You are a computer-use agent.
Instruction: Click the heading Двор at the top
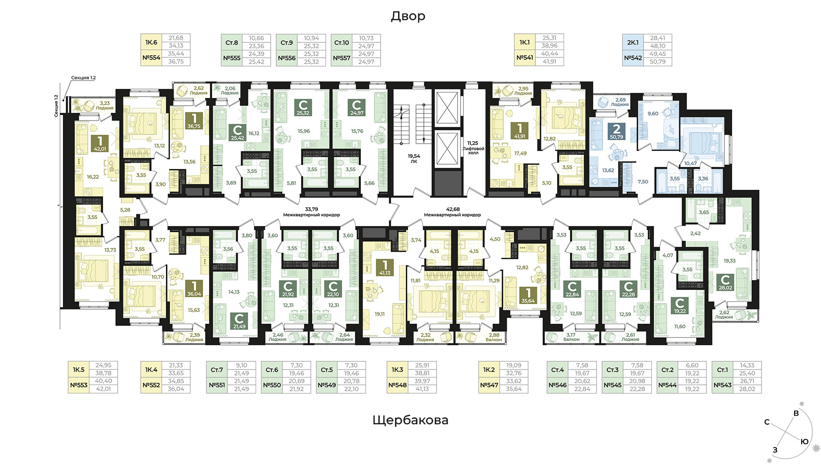[x=408, y=16]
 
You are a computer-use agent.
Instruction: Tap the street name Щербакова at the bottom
[x=410, y=420]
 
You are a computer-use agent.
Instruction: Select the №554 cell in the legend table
[x=151, y=58]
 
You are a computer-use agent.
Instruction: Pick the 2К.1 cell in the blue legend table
[x=633, y=42]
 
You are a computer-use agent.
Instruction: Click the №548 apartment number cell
[x=397, y=385]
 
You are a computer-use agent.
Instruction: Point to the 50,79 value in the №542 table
[x=658, y=62]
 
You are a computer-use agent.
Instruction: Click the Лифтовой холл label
[x=473, y=151]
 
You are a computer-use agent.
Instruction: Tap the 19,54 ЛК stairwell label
[x=413, y=159]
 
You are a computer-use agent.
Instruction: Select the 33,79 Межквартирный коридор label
[x=311, y=212]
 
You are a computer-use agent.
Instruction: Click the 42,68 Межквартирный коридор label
[x=452, y=212]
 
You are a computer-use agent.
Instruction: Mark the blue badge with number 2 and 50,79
[x=616, y=131]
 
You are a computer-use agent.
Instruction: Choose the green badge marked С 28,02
[x=725, y=282]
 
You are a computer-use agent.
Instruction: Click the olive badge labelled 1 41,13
[x=385, y=267]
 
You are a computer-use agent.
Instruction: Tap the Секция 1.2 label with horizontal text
[x=83, y=78]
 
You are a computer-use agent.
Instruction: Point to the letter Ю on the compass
[x=804, y=441]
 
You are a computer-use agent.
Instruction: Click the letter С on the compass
[x=767, y=422]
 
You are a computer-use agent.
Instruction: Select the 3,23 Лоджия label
[x=104, y=106]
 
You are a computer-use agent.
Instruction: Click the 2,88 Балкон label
[x=494, y=337]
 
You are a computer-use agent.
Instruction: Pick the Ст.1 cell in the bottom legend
[x=722, y=369]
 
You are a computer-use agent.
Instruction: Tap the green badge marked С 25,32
[x=303, y=108]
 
